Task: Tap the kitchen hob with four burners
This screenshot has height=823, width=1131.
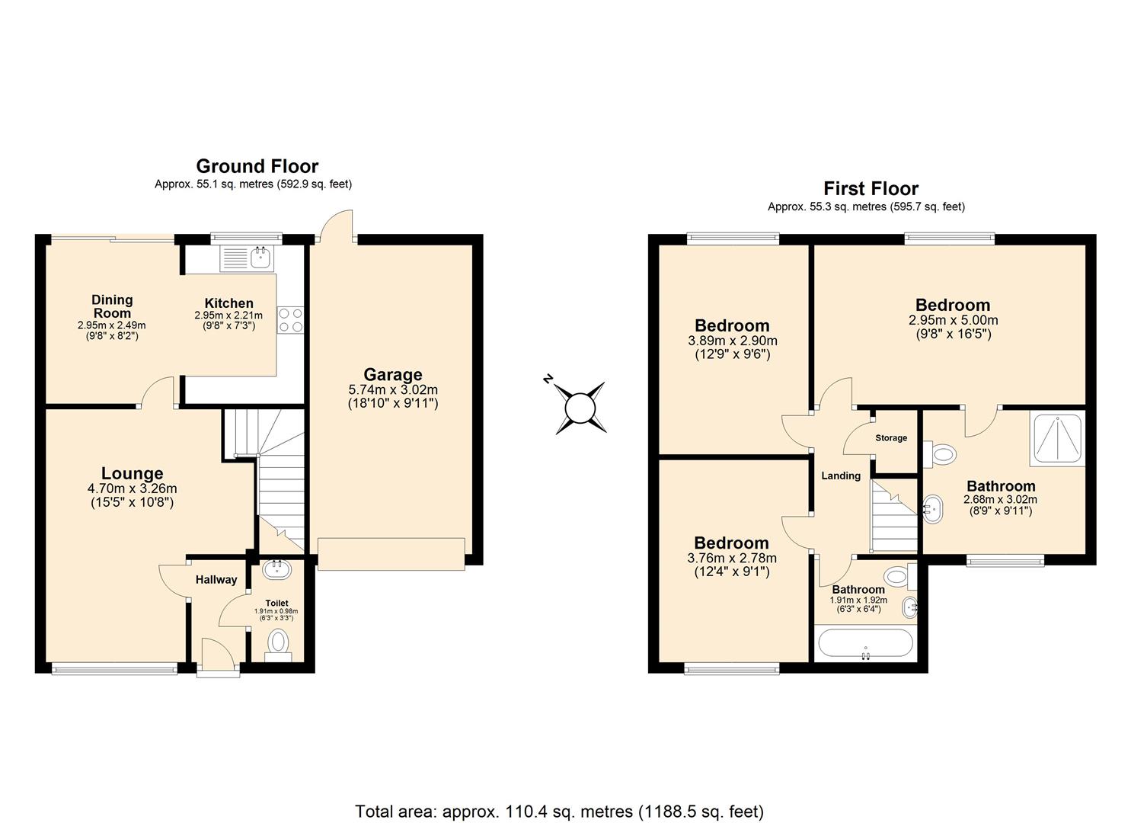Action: [x=290, y=319]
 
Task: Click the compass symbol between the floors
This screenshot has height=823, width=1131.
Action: [x=580, y=407]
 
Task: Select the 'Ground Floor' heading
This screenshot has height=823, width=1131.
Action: [x=257, y=166]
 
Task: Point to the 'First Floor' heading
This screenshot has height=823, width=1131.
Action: [x=871, y=188]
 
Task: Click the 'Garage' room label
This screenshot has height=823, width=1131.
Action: [x=393, y=374]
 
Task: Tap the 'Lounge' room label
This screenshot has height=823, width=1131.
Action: [x=132, y=473]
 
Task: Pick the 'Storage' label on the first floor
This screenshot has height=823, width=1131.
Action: [x=891, y=438]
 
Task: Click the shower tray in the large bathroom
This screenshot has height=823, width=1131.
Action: [x=1056, y=439]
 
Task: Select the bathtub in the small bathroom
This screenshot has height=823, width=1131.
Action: [x=864, y=644]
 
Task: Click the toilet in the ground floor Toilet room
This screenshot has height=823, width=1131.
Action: [x=280, y=642]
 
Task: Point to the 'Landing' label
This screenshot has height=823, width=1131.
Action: [x=841, y=476]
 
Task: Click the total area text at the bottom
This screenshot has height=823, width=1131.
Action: [x=559, y=811]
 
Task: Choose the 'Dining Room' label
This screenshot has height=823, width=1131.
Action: [x=112, y=306]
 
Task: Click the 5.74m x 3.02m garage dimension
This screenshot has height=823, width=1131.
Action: [x=393, y=389]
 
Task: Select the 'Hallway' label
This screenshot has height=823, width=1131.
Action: [x=216, y=580]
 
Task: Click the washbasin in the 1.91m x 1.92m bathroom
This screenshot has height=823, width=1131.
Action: [x=909, y=608]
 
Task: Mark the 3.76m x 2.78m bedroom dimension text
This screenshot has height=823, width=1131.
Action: [x=732, y=558]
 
